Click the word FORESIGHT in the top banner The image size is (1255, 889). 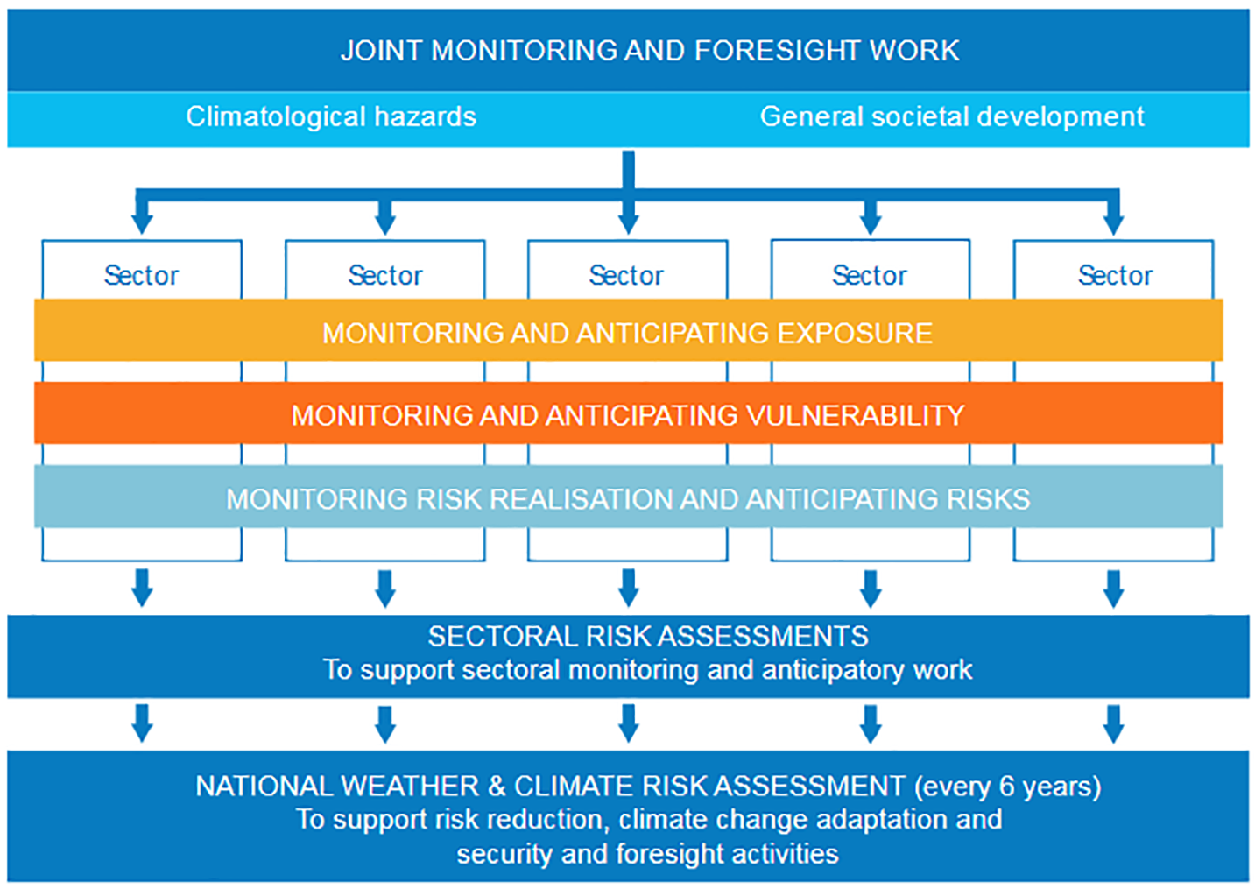tap(777, 51)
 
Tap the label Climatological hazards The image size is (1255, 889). tap(331, 117)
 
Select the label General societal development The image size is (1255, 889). tap(952, 117)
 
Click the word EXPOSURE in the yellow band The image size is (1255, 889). tap(855, 333)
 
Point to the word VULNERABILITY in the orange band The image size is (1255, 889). tap(856, 416)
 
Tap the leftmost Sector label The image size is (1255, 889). tap(141, 276)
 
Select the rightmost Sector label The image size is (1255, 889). tap(1115, 276)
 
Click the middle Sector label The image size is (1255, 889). tap(626, 276)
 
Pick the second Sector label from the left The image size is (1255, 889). tap(384, 276)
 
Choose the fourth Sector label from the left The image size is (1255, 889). tap(869, 276)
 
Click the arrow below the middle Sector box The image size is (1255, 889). tap(628, 589)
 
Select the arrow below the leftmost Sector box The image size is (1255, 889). tap(142, 589)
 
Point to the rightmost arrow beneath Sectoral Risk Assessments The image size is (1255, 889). tap(1113, 724)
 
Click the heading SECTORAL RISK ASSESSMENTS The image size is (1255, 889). tap(648, 637)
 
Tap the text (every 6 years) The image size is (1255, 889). tap(1007, 787)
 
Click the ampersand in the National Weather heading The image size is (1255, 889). tap(497, 786)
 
